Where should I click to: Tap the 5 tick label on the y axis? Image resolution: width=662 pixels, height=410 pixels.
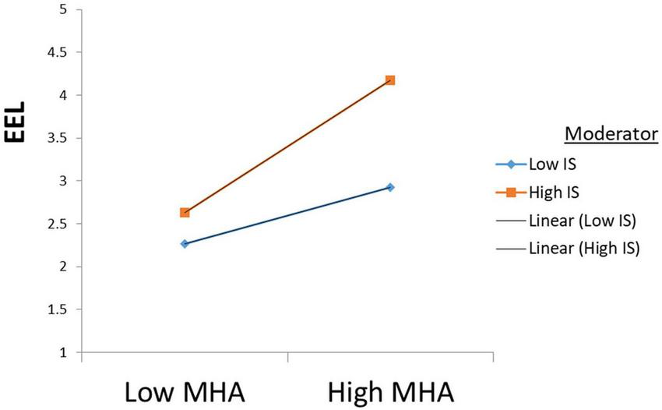62,10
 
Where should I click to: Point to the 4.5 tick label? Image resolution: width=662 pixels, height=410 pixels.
57,53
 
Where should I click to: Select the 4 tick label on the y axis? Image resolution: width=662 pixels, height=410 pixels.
62,96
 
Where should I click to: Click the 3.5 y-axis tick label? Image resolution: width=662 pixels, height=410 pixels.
57,139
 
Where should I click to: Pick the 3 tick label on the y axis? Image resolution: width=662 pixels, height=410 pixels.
62,181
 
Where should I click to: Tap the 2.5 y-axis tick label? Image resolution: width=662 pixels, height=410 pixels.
57,224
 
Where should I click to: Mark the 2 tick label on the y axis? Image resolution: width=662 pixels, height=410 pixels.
62,267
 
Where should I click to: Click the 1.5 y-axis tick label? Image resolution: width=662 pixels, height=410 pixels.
57,310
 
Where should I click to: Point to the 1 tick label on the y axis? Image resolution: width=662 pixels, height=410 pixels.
62,353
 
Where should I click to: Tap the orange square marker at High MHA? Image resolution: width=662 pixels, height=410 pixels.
390,80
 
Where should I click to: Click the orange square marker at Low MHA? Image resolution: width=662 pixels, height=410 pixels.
185,213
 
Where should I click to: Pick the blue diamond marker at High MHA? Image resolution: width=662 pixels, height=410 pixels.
390,187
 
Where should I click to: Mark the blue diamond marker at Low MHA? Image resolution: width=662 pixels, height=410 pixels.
185,244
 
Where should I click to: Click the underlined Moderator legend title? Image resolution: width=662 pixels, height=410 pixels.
611,134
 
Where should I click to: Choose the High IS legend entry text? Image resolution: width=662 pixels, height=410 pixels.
555,192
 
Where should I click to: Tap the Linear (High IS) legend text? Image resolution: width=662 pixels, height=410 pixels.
583,249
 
